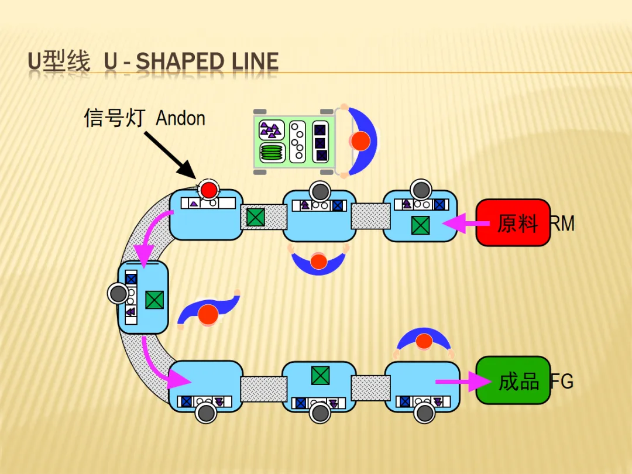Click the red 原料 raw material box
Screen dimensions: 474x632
(513, 222)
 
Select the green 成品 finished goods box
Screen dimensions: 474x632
(513, 380)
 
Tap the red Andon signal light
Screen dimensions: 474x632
(208, 190)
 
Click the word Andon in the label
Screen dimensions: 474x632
(180, 118)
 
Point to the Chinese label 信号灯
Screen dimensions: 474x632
(114, 118)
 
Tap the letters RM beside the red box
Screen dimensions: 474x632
(562, 223)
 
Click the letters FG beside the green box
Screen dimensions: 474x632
(562, 382)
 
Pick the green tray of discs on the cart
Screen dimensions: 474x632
(272, 152)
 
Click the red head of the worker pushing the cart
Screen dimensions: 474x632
(360, 141)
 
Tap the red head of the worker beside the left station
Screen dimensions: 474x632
(208, 315)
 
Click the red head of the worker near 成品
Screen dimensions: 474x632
(424, 341)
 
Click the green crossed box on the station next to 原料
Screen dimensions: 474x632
(420, 225)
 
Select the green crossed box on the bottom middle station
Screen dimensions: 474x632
(320, 375)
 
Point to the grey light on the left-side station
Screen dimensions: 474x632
(118, 294)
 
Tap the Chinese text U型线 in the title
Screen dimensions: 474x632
(59, 62)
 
